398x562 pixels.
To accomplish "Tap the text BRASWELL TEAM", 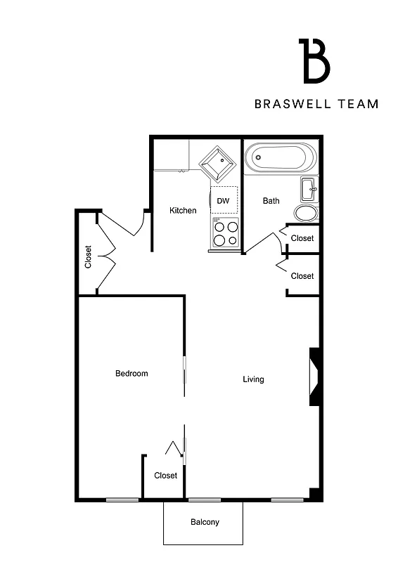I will click(316, 104).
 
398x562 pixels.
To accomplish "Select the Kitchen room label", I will click(183, 210).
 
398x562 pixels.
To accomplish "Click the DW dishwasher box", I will click(224, 201).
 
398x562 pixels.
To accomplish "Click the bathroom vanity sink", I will click(309, 189).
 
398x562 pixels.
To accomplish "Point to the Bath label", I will click(271, 201).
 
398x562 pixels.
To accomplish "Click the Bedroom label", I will click(131, 373).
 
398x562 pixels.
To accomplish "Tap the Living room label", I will click(253, 379).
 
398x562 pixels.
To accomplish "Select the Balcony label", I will click(205, 522).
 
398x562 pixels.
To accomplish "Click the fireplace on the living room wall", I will click(314, 378).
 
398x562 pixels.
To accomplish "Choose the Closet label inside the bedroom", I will click(166, 476).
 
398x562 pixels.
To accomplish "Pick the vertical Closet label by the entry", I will click(88, 256).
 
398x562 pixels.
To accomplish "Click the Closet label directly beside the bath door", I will click(302, 238).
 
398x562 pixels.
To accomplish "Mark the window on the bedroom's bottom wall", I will click(122, 500).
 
